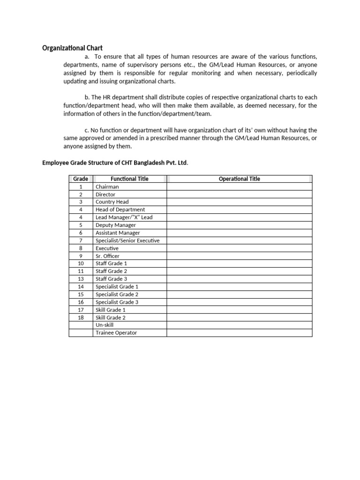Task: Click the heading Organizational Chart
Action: pos(72,48)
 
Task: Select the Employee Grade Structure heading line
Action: pos(115,163)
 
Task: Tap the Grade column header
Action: pos(81,179)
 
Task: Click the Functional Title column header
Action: pos(130,179)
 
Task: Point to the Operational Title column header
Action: pos(239,179)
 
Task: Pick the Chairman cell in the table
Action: pos(107,187)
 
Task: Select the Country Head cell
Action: pos(112,202)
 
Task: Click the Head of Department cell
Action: pos(120,210)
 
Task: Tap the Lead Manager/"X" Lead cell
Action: pos(124,217)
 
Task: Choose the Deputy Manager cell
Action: pos(116,225)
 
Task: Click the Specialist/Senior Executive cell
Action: pos(127,240)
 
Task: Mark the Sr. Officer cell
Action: pos(107,256)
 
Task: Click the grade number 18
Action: pos(81,317)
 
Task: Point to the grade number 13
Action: pos(81,279)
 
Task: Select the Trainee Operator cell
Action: pos(116,333)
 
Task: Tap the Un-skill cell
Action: pos(105,325)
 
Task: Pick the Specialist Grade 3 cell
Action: pos(117,302)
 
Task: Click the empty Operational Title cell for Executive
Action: pos(239,248)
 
